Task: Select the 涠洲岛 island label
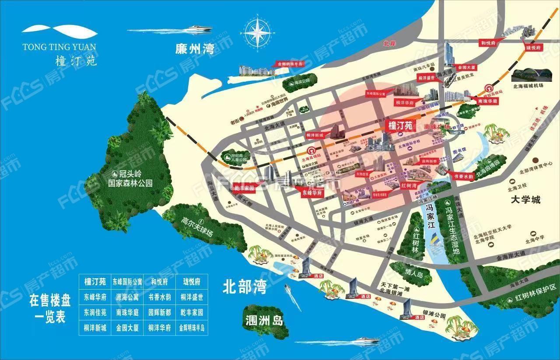click(x=262, y=319)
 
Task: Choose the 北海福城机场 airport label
click(x=529, y=86)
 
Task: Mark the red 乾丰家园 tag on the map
click(x=244, y=188)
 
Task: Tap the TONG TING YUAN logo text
click(x=60, y=46)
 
